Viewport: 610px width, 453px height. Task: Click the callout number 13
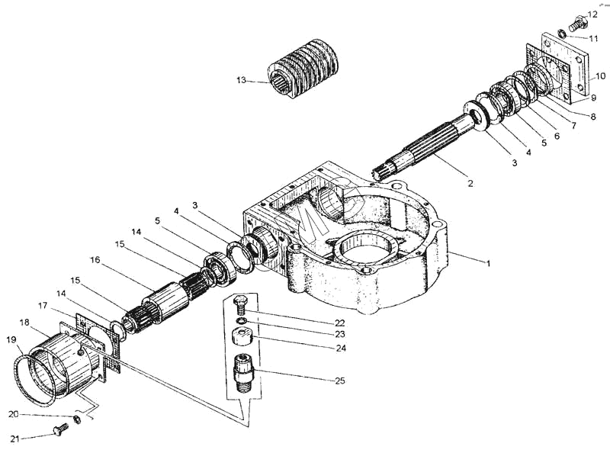(x=241, y=80)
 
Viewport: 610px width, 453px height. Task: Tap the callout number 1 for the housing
(x=488, y=263)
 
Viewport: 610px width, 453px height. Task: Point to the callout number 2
(x=470, y=183)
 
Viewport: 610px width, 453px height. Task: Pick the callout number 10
(x=600, y=75)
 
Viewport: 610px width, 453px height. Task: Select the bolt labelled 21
(x=60, y=430)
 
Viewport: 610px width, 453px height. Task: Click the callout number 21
(x=14, y=439)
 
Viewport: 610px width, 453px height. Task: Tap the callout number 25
(x=340, y=381)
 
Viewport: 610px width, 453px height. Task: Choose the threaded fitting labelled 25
(x=243, y=372)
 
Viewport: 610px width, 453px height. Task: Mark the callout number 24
(x=341, y=348)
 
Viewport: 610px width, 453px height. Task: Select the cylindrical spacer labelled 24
(x=242, y=336)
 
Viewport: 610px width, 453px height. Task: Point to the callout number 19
(x=11, y=340)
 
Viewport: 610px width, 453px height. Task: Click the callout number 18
(x=24, y=323)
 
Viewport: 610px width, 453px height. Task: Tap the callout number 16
(x=95, y=259)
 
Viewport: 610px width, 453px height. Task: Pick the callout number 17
(x=43, y=306)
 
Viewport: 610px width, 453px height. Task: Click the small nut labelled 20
(x=78, y=419)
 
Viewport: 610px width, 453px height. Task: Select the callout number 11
(x=593, y=39)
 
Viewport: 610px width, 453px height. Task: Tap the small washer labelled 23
(x=241, y=320)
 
